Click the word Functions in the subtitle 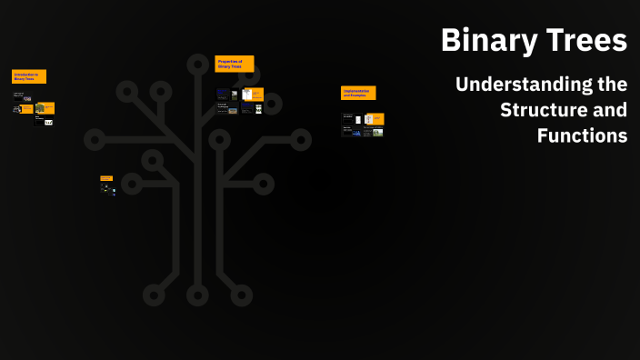click(x=582, y=135)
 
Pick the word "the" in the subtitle click(x=612, y=85)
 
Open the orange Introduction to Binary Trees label click(x=28, y=76)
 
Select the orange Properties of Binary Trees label click(x=234, y=64)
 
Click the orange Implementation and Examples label click(x=358, y=93)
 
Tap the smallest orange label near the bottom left click(x=106, y=178)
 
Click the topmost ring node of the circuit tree click(x=197, y=65)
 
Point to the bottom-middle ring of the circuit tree click(x=197, y=295)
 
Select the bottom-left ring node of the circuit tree click(x=154, y=295)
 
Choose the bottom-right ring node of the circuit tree click(x=242, y=295)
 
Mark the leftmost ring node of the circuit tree click(x=95, y=140)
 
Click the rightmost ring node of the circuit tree click(x=301, y=140)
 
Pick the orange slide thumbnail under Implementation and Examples click(x=375, y=118)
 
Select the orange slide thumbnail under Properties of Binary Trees click(x=253, y=94)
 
